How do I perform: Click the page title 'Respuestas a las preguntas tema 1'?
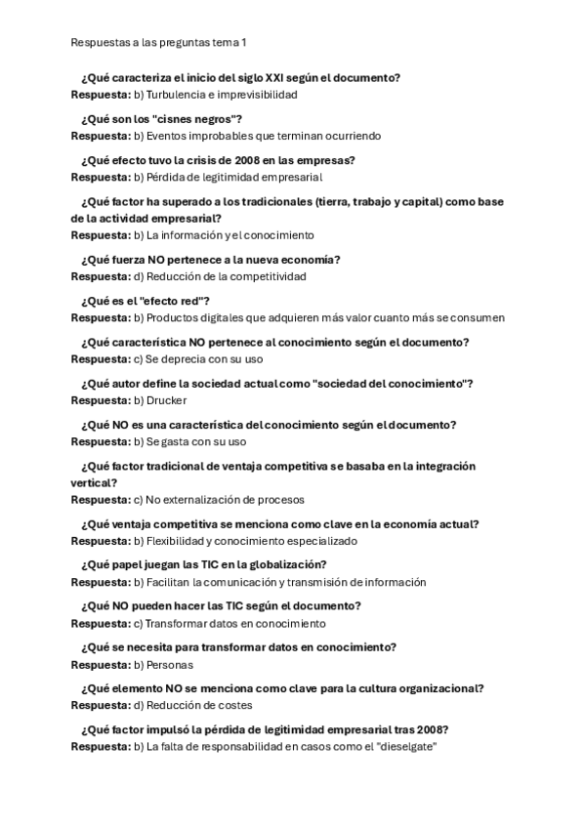159,43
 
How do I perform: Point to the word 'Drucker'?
167,400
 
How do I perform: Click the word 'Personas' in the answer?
170,665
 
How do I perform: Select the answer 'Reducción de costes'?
199,706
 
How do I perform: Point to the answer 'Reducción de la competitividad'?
227,276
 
